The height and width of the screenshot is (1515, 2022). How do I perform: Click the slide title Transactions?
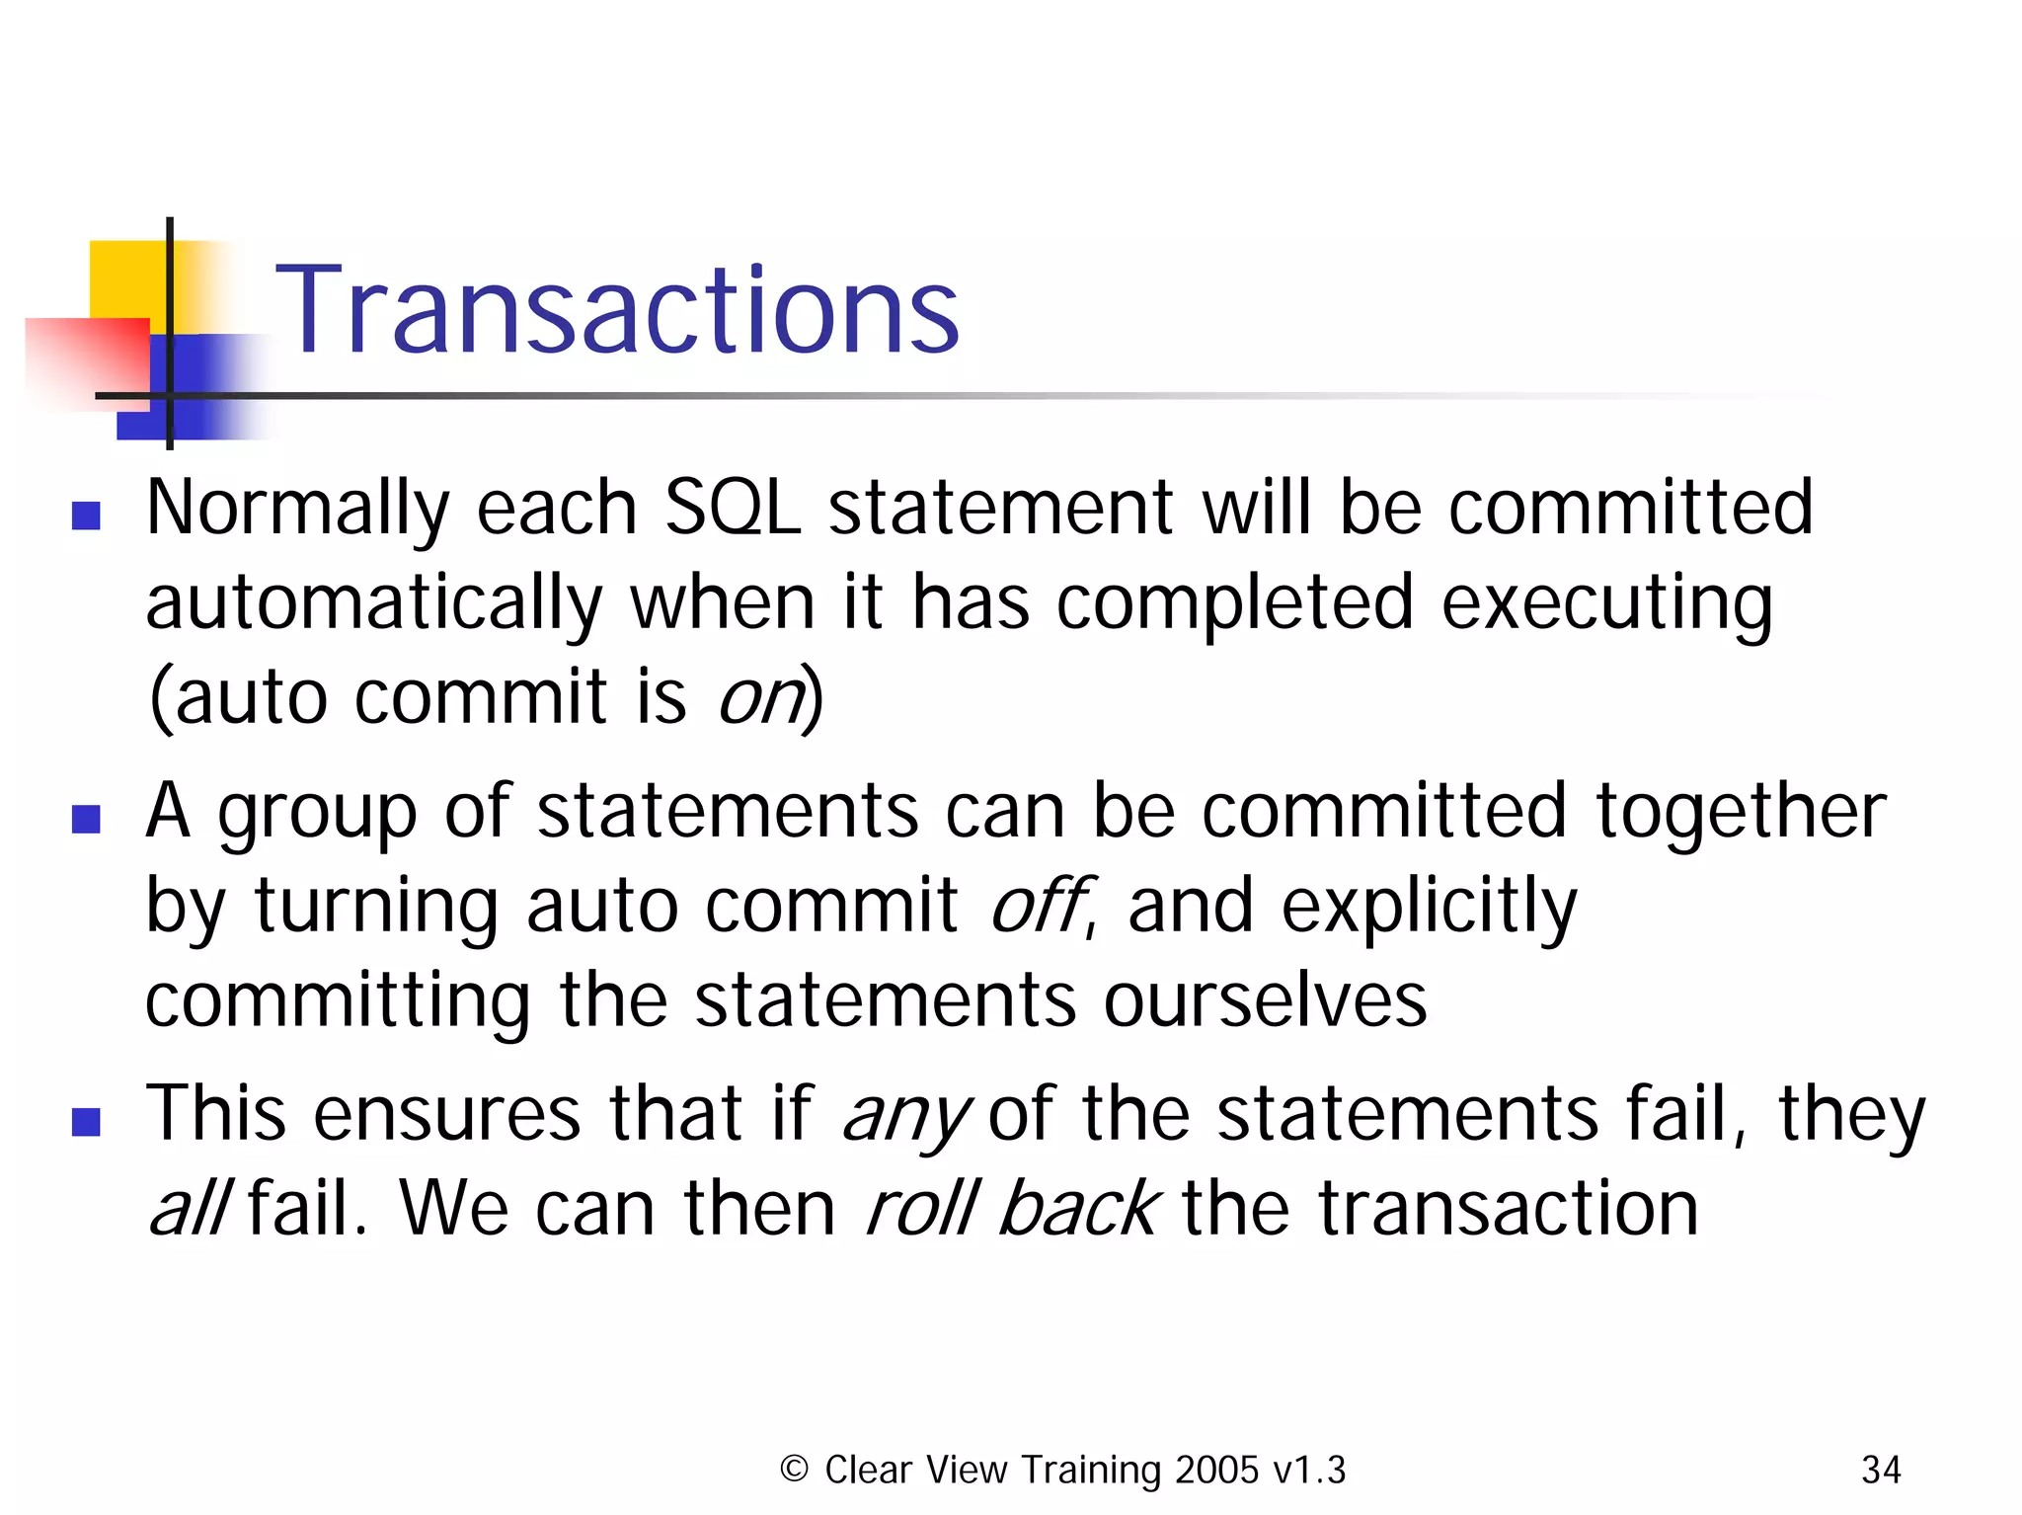pos(616,310)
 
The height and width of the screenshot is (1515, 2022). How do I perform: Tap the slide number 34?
pos(1880,1470)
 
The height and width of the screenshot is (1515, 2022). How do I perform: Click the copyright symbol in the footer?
pos(794,1469)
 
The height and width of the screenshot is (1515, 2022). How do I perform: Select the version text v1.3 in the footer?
pos(1309,1470)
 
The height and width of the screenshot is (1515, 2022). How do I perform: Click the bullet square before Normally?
pos(87,516)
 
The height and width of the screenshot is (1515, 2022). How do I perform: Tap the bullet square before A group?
pos(87,819)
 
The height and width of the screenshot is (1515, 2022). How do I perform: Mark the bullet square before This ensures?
pos(87,1122)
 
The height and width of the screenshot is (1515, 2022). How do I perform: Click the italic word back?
pos(1078,1209)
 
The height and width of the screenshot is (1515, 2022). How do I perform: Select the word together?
pos(1741,811)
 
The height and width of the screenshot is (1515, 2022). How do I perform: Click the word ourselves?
pos(1265,1000)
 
